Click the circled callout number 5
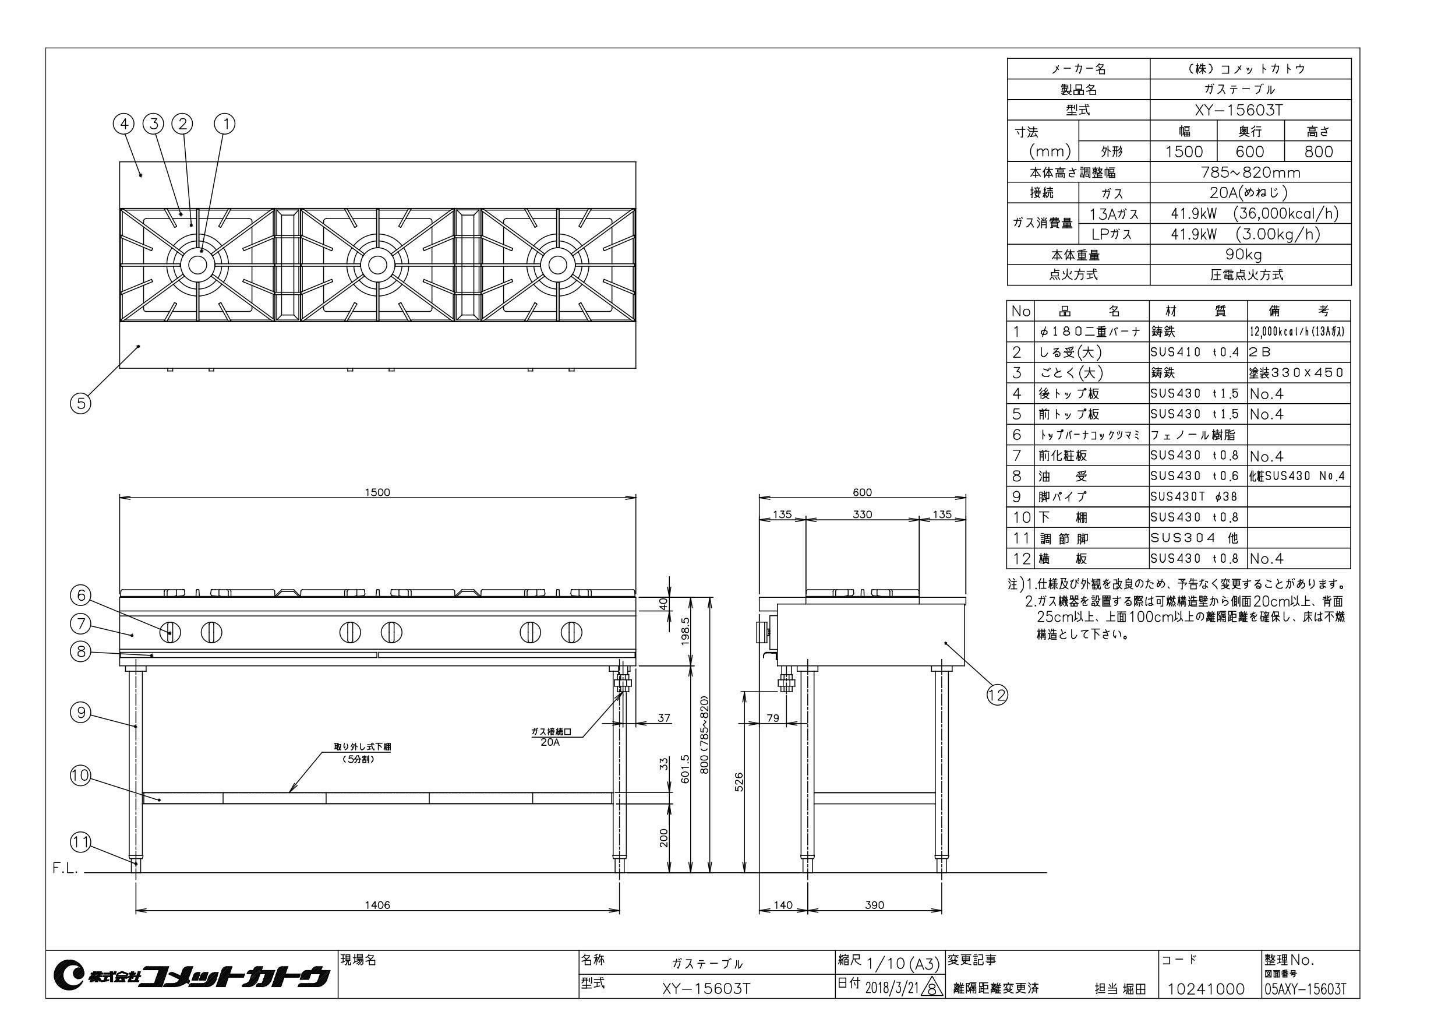(x=80, y=403)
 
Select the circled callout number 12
(x=997, y=695)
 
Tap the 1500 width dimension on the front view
(x=377, y=492)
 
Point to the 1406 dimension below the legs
(x=377, y=905)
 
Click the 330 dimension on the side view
(x=862, y=514)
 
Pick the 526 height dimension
(x=740, y=781)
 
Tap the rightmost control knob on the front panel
(x=571, y=632)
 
